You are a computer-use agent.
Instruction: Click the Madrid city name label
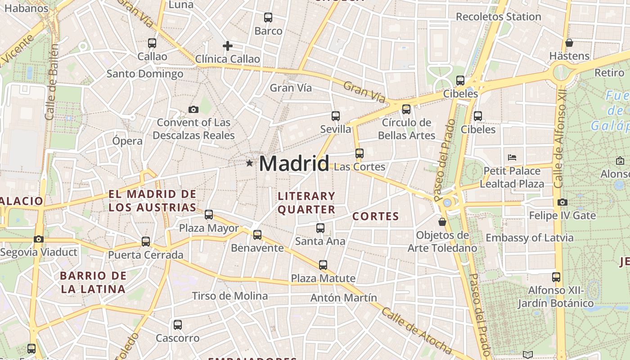click(294, 163)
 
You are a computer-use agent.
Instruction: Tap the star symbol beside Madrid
click(249, 163)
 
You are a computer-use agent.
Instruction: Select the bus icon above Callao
click(152, 43)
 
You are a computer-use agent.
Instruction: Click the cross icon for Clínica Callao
click(228, 45)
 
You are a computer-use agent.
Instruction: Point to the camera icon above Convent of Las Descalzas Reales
click(193, 109)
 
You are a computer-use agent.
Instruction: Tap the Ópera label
click(127, 141)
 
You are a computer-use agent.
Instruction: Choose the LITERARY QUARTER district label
click(306, 202)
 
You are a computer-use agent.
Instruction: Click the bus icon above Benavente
click(257, 234)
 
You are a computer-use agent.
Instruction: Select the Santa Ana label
click(320, 241)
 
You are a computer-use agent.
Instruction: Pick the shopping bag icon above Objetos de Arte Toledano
click(442, 222)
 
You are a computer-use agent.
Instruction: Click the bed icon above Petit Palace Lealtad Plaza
click(512, 157)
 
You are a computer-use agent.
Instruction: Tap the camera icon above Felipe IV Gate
click(562, 202)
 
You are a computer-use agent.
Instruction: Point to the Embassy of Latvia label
click(529, 238)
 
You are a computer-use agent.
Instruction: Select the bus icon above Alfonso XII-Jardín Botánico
click(556, 277)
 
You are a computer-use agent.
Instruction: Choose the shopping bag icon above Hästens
click(569, 43)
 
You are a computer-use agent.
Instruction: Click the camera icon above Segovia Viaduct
click(39, 239)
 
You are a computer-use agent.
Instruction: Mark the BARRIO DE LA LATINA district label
click(93, 282)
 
